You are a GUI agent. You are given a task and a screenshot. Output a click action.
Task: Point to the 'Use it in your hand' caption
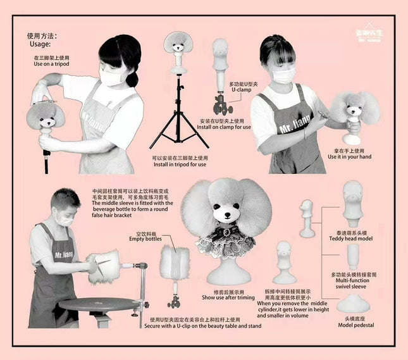tap(349, 157)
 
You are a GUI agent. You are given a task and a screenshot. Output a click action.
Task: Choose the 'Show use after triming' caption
tap(228, 297)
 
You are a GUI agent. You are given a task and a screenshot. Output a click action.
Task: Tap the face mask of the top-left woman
tap(111, 77)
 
